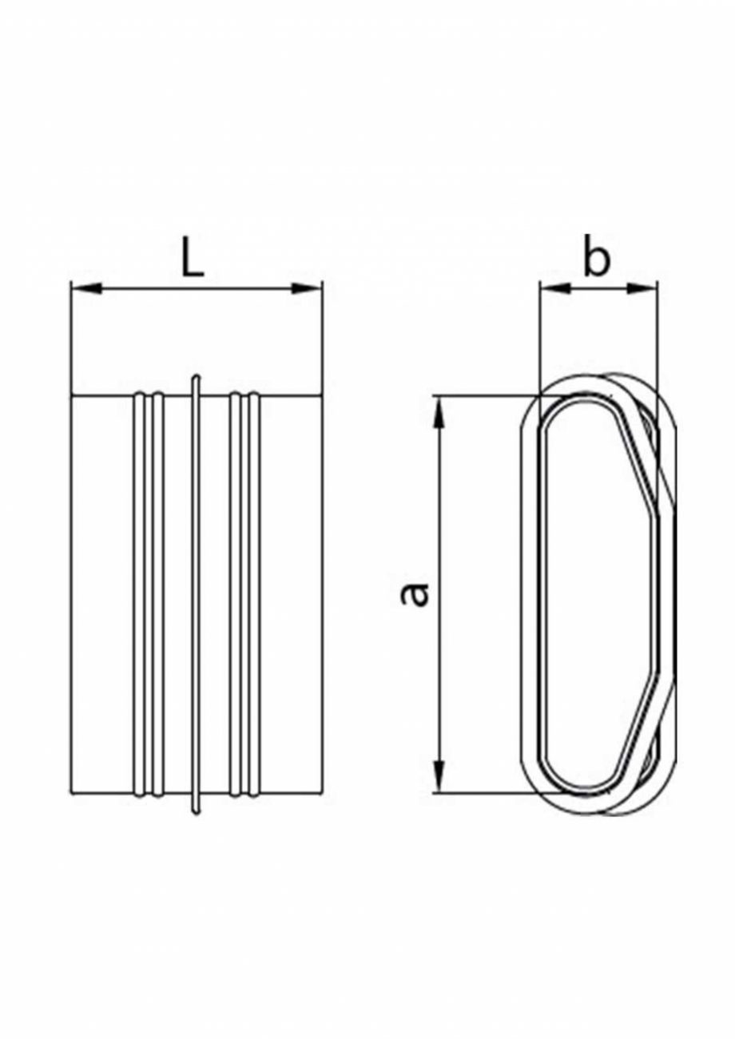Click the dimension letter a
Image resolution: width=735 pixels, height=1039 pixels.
point(415,594)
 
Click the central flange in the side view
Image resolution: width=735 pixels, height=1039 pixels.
point(197,594)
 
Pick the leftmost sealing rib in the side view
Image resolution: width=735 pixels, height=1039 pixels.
point(139,594)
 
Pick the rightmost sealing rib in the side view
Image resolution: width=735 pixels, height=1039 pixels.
point(254,594)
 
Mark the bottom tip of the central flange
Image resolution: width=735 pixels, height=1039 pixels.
point(197,812)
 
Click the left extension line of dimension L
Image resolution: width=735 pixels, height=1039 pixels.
point(72,343)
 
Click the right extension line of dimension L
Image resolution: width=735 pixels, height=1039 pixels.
point(322,343)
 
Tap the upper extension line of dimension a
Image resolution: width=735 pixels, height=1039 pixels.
point(479,395)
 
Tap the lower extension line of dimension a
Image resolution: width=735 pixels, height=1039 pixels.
point(479,793)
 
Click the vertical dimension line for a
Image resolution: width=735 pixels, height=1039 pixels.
point(439,519)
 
